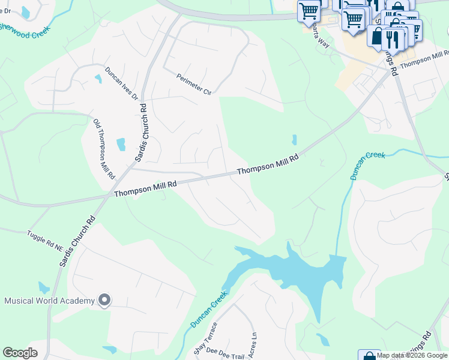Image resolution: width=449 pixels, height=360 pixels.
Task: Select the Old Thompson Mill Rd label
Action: pyautogui.click(x=104, y=149)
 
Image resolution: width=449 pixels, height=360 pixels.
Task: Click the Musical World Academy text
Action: pyautogui.click(x=50, y=301)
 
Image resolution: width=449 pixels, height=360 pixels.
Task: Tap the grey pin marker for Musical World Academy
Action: pyautogui.click(x=104, y=299)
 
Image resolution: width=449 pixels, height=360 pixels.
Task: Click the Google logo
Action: pyautogui.click(x=20, y=353)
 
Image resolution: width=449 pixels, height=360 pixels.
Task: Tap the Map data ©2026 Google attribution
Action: pyautogui.click(x=412, y=355)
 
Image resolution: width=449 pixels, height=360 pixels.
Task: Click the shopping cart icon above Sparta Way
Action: pyautogui.click(x=309, y=11)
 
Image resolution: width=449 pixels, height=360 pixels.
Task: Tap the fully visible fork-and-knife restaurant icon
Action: pyautogui.click(x=392, y=39)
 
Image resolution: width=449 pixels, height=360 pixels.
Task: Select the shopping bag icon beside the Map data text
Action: pyautogui.click(x=369, y=355)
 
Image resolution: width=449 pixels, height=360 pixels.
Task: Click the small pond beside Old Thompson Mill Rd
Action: pyautogui.click(x=121, y=145)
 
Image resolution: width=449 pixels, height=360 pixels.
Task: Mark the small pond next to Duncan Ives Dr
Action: pyautogui.click(x=98, y=79)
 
